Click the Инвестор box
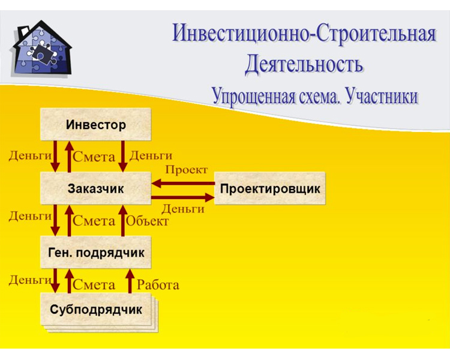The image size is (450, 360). [x=95, y=124]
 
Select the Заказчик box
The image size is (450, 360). [x=95, y=188]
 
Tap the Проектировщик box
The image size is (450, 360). [x=270, y=188]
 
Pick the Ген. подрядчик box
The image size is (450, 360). [x=95, y=253]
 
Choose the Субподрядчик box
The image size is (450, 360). [x=95, y=309]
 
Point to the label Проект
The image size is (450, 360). [x=186, y=170]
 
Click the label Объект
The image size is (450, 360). [x=147, y=221]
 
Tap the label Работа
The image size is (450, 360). [x=158, y=285]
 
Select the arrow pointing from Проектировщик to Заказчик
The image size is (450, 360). [x=183, y=183]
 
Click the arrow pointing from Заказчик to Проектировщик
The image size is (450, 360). [x=183, y=197]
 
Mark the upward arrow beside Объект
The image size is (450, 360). [x=123, y=220]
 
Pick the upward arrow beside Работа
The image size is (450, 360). [x=130, y=281]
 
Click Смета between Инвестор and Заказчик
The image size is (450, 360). [x=94, y=157]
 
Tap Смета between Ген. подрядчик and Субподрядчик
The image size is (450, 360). [x=94, y=285]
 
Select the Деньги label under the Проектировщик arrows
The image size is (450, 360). [x=183, y=209]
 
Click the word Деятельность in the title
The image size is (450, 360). [x=304, y=64]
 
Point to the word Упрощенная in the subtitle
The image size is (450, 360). [x=254, y=97]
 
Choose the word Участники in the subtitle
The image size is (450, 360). [x=382, y=96]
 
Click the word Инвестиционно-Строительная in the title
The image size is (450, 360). [x=304, y=34]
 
